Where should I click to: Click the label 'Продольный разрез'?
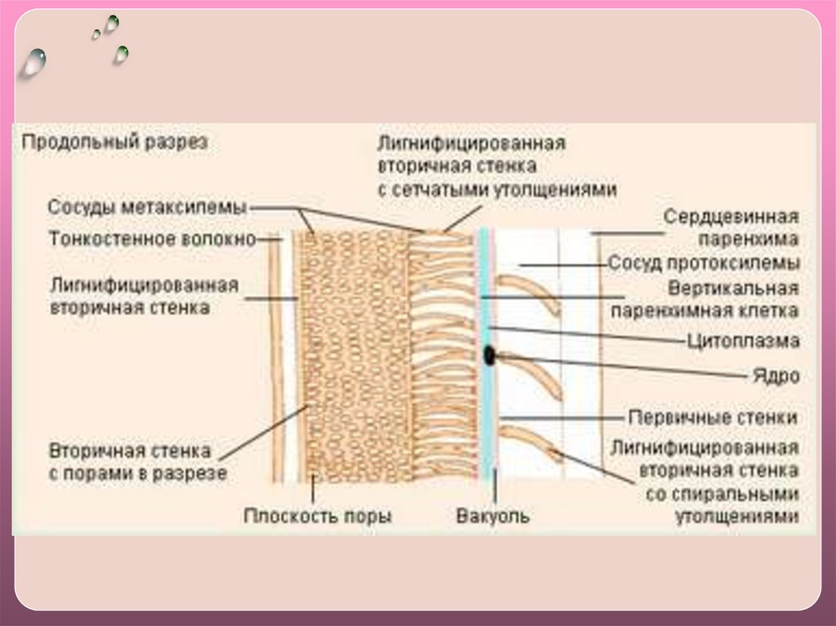[115, 142]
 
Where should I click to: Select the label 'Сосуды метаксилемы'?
[148, 207]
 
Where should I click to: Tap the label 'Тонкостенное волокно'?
[153, 240]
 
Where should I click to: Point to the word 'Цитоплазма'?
[743, 341]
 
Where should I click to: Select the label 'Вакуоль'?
[493, 516]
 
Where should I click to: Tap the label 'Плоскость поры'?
[318, 516]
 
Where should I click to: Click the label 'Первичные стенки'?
[712, 417]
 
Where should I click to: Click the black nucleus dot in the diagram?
[490, 355]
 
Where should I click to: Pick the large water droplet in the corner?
[33, 62]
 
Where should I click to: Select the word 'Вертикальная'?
[732, 289]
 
